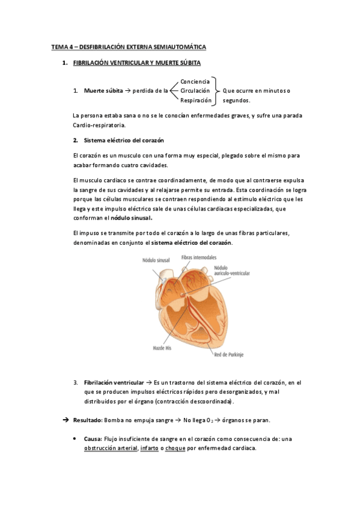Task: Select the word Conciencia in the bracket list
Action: [195, 81]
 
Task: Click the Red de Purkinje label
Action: [229, 354]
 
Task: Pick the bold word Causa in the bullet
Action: [93, 438]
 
